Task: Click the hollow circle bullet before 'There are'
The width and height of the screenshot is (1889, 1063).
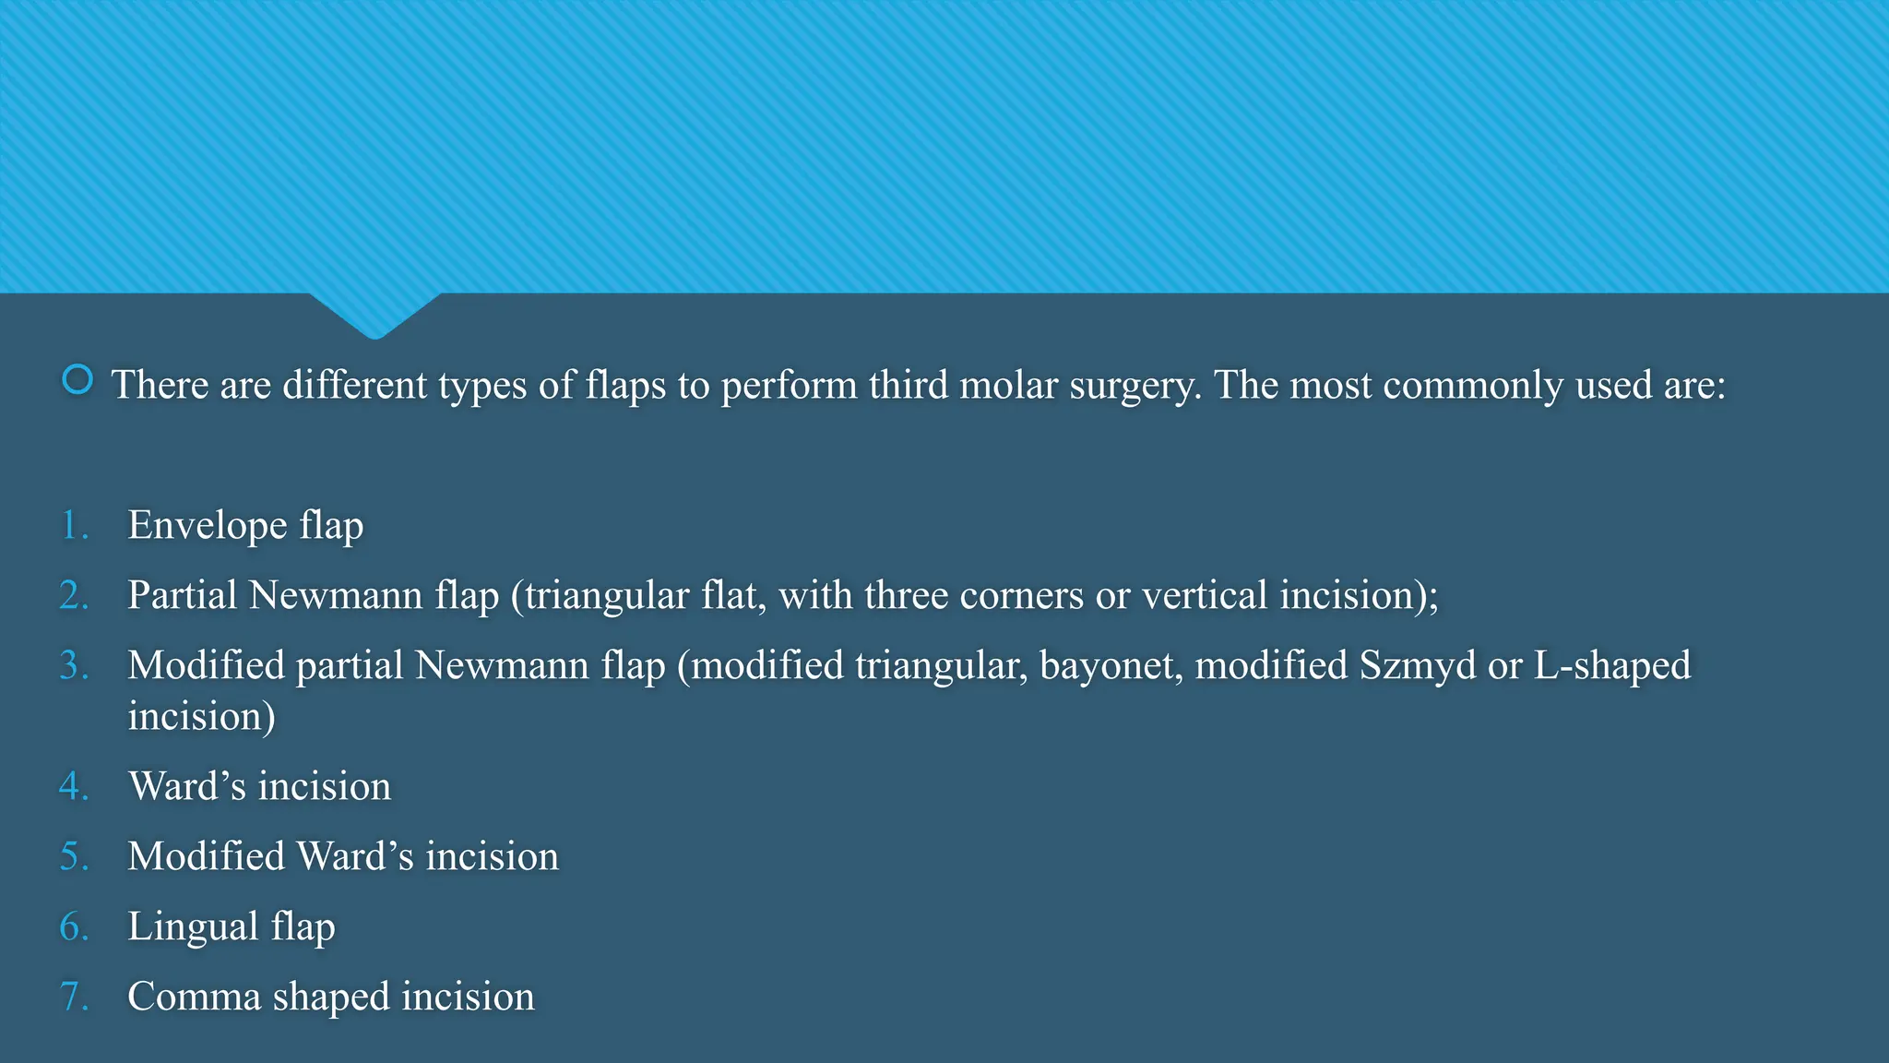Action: click(x=77, y=379)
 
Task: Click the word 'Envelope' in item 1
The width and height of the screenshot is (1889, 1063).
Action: click(x=208, y=526)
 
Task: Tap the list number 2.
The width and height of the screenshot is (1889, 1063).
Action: click(x=74, y=596)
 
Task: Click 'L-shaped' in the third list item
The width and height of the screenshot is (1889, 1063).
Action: click(x=1612, y=666)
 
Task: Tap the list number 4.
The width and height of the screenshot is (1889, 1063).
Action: click(x=74, y=787)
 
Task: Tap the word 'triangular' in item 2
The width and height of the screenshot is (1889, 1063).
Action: click(x=607, y=596)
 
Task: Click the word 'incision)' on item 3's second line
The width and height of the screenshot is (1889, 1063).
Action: click(x=201, y=717)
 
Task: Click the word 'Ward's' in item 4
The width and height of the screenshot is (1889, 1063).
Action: click(x=187, y=787)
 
